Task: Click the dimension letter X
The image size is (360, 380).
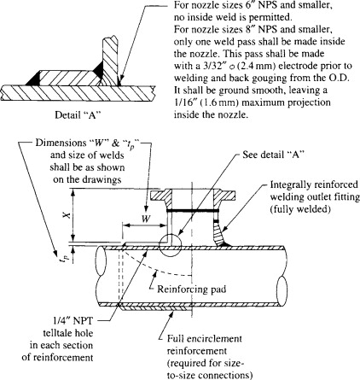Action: (67, 215)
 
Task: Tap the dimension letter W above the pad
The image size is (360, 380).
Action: (146, 219)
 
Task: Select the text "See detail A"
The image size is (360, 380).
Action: (274, 155)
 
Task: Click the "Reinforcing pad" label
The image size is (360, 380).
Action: (192, 289)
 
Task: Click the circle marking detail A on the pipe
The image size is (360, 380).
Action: (170, 245)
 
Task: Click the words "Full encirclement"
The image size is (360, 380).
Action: (205, 339)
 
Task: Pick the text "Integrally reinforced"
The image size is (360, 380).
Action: (314, 184)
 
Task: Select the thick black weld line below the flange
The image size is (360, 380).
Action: (193, 211)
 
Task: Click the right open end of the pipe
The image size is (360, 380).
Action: (282, 291)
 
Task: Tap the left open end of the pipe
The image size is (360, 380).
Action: (101, 260)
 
